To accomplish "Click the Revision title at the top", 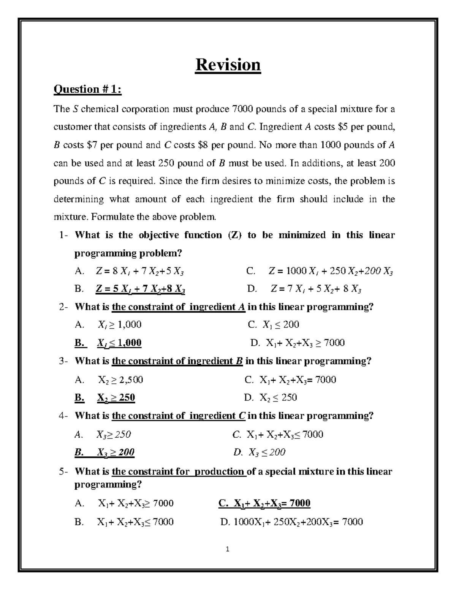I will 228,65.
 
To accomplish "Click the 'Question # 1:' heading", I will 88,89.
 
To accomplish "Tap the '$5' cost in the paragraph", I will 342,127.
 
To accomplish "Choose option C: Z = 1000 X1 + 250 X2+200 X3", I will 331,272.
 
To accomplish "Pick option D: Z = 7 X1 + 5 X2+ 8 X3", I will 316,289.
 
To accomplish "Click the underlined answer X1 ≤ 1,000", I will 119,343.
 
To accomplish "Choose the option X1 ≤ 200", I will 280,325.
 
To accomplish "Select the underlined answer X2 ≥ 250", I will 116,398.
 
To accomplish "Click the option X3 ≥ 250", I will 114,435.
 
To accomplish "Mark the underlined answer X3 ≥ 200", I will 116,452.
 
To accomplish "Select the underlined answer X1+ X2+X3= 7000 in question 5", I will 272,504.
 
